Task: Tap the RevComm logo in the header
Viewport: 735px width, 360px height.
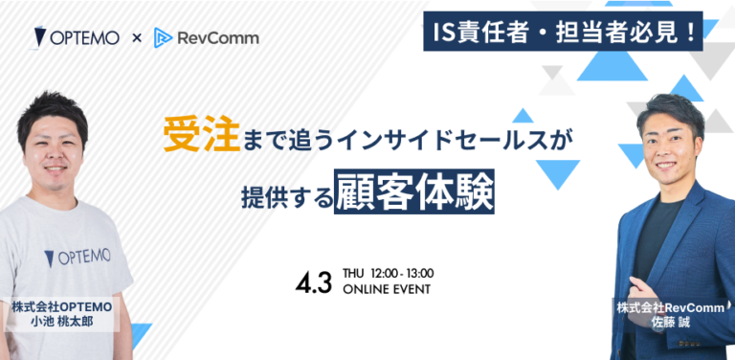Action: (x=206, y=38)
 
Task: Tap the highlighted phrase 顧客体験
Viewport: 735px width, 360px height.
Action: (x=414, y=191)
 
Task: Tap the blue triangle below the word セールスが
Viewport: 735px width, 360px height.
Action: (x=557, y=171)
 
